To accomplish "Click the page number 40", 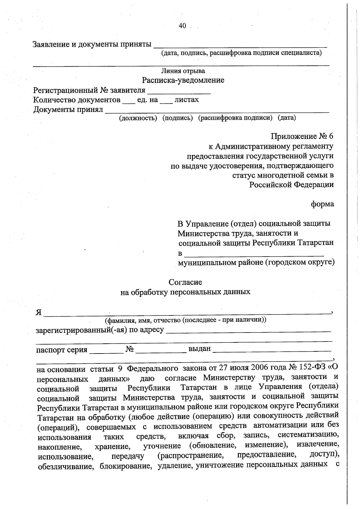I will click(x=182, y=26).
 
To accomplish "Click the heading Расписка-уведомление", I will click(x=183, y=80).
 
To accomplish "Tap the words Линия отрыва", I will click(x=183, y=71).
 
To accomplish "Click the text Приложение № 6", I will click(x=302, y=137).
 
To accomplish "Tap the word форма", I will click(x=322, y=204).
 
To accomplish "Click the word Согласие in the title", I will click(x=185, y=282).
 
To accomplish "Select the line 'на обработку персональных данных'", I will click(x=185, y=292).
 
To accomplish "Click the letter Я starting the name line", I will click(x=38, y=312).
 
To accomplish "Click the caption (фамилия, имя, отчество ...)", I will click(x=185, y=320).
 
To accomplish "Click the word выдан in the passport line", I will click(x=199, y=349).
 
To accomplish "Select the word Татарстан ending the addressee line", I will click(x=315, y=243).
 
